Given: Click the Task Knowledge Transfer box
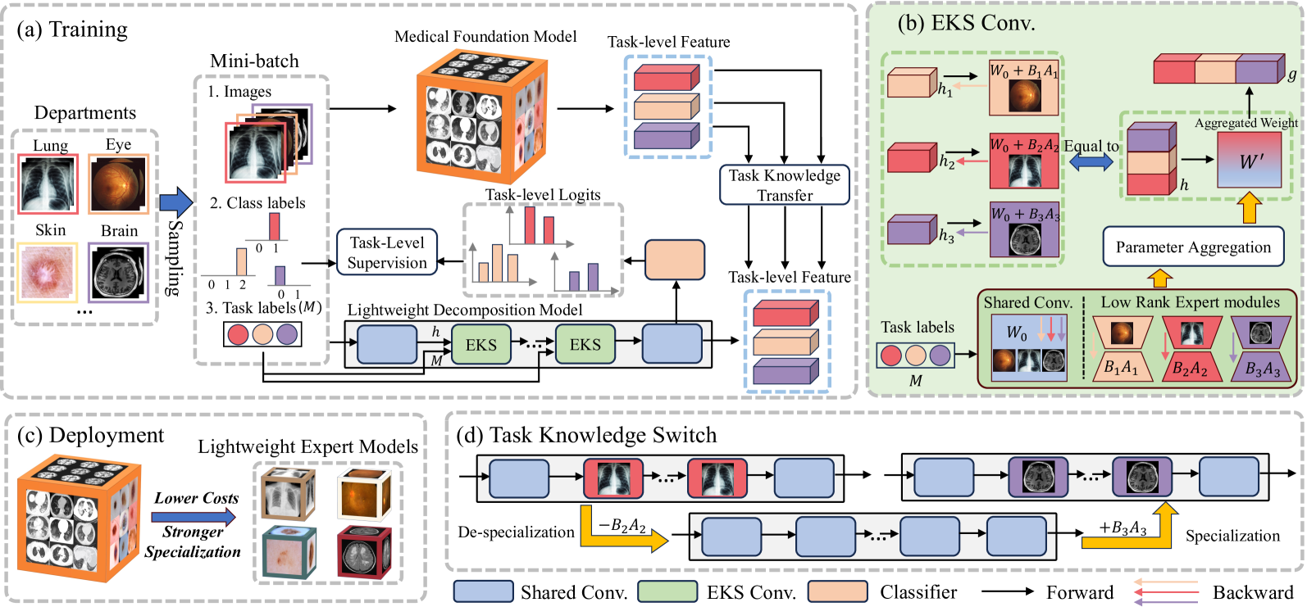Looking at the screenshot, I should point(785,185).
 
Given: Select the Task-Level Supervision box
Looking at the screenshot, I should point(387,252).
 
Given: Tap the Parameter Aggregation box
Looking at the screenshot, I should point(1193,247).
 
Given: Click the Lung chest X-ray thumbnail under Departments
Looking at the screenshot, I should point(48,183).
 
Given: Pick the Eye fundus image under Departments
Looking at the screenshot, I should point(118,183).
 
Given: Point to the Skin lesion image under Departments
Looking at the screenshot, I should point(48,272).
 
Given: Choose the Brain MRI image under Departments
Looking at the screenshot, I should point(119,272).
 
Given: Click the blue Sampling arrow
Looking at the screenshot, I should point(175,202).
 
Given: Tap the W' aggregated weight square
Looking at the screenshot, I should point(1250,161).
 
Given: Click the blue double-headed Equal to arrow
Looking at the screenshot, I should point(1091,161).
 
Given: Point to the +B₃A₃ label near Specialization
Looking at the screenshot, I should point(1123,528).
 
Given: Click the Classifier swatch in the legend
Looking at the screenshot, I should point(837,591).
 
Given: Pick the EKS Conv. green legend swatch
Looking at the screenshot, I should point(667,591).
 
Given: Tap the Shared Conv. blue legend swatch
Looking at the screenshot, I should point(483,591).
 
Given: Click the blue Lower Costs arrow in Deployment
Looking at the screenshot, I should point(194,517).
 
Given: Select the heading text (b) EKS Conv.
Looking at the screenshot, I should point(966,23).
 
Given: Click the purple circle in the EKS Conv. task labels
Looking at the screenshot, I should point(940,356).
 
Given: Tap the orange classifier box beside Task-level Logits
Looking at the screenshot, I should point(675,260).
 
